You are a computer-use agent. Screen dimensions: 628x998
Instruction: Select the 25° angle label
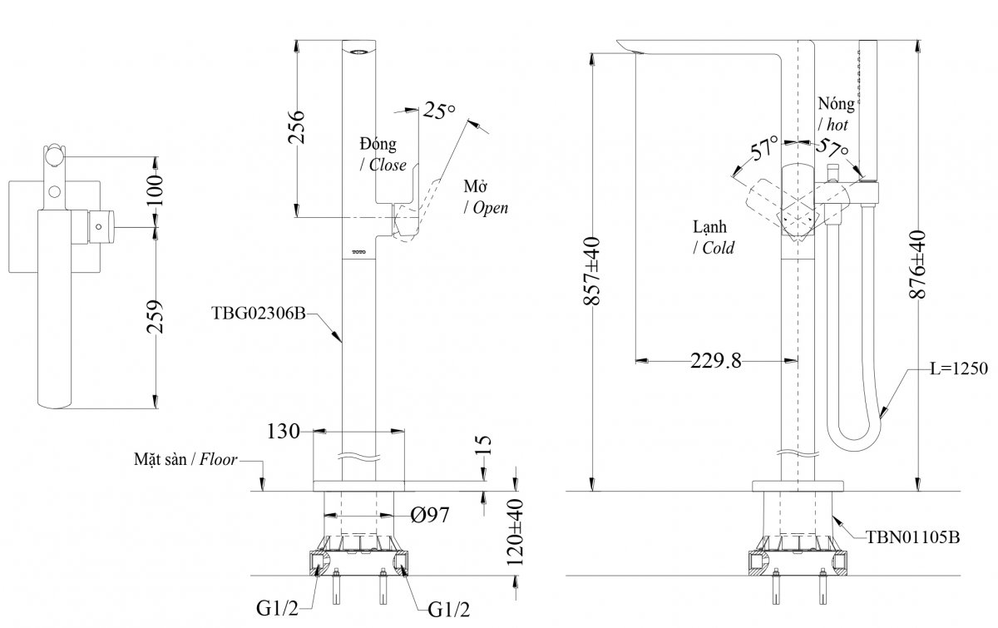click(440, 110)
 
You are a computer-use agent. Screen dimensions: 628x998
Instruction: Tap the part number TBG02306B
click(259, 314)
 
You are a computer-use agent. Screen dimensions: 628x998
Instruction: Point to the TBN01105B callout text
click(912, 538)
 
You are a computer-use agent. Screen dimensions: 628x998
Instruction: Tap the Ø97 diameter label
click(431, 516)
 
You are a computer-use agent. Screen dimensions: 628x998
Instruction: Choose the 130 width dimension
click(284, 432)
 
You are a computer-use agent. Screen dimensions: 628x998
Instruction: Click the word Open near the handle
click(491, 209)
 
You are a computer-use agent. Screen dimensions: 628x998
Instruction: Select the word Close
click(388, 165)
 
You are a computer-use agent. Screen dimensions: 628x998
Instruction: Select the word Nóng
click(836, 105)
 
